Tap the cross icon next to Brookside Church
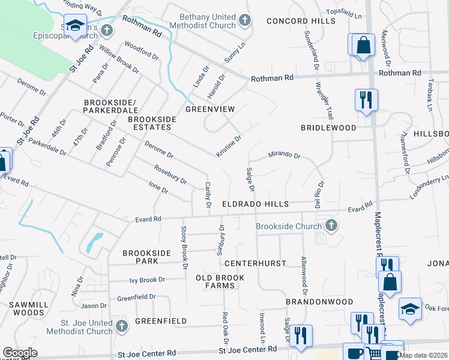(x=330, y=226)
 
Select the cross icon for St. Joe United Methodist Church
(x=122, y=326)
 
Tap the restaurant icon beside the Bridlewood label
(x=366, y=99)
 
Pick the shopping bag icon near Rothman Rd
(x=363, y=45)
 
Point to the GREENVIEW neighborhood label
(x=209, y=109)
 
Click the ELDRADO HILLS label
(x=256, y=205)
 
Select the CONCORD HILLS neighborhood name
(x=292, y=21)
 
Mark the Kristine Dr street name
(x=229, y=146)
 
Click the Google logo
(x=20, y=353)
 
